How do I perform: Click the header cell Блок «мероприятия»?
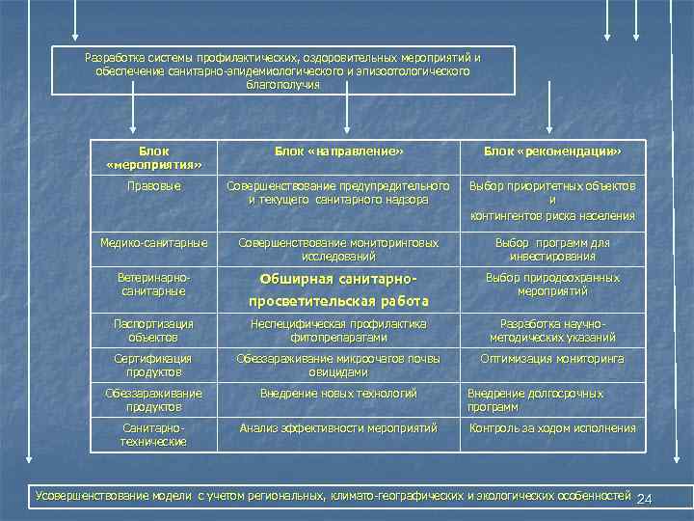(153, 157)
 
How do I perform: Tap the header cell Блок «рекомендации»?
(552, 151)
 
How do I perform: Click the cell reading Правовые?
(153, 185)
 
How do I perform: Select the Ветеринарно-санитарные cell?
(153, 284)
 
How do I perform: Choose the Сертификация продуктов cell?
(153, 365)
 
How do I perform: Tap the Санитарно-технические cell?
(153, 434)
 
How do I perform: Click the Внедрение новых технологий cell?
(337, 394)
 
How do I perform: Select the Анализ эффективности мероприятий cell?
(337, 427)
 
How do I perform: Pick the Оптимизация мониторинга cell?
(552, 359)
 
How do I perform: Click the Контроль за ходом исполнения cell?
(552, 427)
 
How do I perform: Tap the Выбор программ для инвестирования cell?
(552, 249)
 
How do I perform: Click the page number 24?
(645, 498)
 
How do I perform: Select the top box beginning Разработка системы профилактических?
(282, 71)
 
